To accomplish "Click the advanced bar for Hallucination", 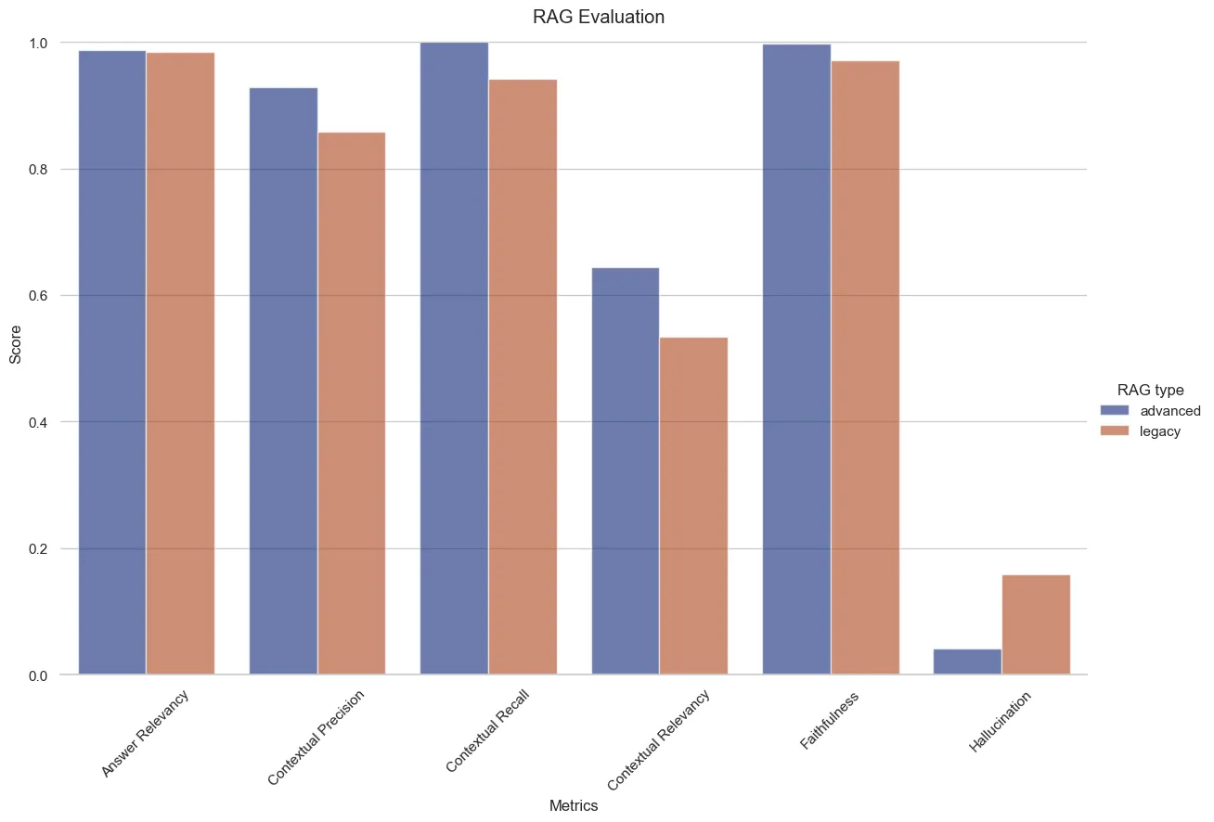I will pos(967,661).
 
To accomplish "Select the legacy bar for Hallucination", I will pos(1036,624).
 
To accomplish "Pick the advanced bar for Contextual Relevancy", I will pos(625,471).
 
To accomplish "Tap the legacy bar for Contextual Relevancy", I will pos(693,506).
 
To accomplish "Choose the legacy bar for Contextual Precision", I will pos(352,404).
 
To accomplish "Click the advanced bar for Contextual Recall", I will pos(454,358).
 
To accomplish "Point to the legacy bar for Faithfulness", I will pos(865,367).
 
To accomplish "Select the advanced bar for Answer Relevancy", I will pos(111,363).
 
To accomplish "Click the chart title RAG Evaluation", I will pos(599,17).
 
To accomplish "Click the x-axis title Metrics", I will pos(574,806).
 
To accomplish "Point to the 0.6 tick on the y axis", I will pos(38,296).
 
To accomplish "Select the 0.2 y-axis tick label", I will pos(38,549).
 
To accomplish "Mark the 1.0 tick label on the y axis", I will pos(38,43).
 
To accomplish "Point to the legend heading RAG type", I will pos(1150,390).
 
